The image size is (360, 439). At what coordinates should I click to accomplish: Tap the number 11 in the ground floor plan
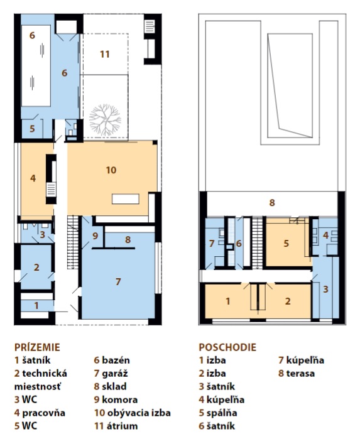point(105,54)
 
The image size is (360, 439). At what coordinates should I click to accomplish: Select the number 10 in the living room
point(111,170)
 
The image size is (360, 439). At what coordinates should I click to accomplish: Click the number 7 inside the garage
point(118,281)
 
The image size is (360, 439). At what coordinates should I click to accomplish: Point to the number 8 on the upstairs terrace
point(272,202)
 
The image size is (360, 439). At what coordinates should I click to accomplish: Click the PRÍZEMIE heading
point(37,347)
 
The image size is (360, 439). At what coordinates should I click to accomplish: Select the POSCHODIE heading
point(227,347)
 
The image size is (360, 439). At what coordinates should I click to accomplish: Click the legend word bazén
point(116,360)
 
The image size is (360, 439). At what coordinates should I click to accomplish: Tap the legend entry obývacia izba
point(139,413)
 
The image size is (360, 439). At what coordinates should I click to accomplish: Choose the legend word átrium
point(123,426)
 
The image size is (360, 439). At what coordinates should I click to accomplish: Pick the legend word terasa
point(300,373)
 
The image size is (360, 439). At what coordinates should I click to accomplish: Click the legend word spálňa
point(222,413)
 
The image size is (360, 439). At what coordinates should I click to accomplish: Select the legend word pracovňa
point(44,413)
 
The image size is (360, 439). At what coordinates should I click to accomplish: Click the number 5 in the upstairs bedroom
point(286,243)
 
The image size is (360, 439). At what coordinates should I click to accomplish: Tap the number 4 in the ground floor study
point(33,178)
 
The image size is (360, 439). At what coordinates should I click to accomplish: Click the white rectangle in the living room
point(126,198)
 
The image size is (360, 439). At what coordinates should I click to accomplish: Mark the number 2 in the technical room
point(36,268)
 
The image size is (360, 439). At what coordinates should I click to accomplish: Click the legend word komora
point(119,399)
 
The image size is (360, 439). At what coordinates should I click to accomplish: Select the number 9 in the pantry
point(95,236)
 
